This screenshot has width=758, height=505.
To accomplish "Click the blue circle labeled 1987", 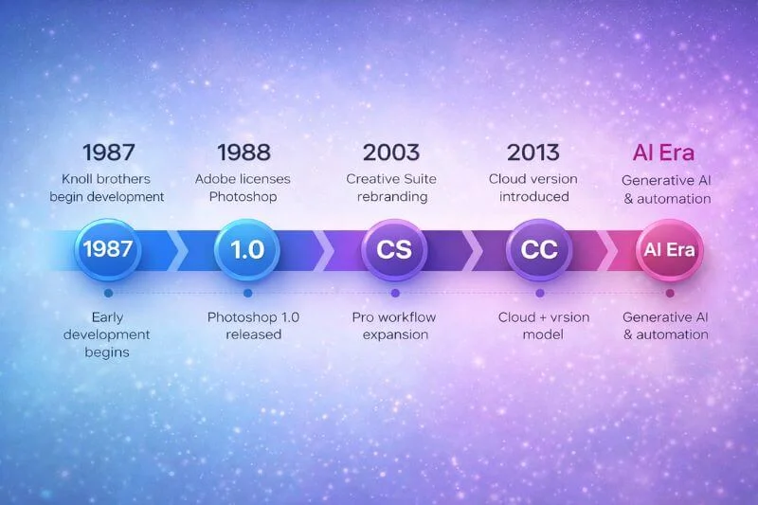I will point(108,250).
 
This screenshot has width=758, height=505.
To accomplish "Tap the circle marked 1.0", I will point(247,250).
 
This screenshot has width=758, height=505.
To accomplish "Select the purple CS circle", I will point(393,250).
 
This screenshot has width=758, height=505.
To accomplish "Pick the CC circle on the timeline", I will point(538,250).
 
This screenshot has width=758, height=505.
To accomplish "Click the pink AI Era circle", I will point(669,250).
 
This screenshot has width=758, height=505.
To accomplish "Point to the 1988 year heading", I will point(244,152).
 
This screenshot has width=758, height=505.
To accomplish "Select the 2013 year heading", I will point(532,152).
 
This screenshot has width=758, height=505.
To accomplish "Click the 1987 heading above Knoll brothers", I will point(108,152).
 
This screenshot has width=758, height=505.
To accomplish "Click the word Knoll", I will point(81,178).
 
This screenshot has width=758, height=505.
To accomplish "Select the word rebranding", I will point(390,197).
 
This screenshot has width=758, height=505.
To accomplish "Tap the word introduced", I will point(532,197).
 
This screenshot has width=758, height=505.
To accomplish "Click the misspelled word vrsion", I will point(567,316).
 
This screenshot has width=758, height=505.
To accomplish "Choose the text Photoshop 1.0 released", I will point(253,325).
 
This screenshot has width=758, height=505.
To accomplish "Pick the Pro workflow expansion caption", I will point(390,325).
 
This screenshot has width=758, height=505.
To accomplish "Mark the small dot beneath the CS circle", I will point(393,293).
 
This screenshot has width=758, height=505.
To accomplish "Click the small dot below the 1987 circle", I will point(108,293).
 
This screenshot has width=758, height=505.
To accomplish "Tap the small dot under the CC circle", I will point(539,293).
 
